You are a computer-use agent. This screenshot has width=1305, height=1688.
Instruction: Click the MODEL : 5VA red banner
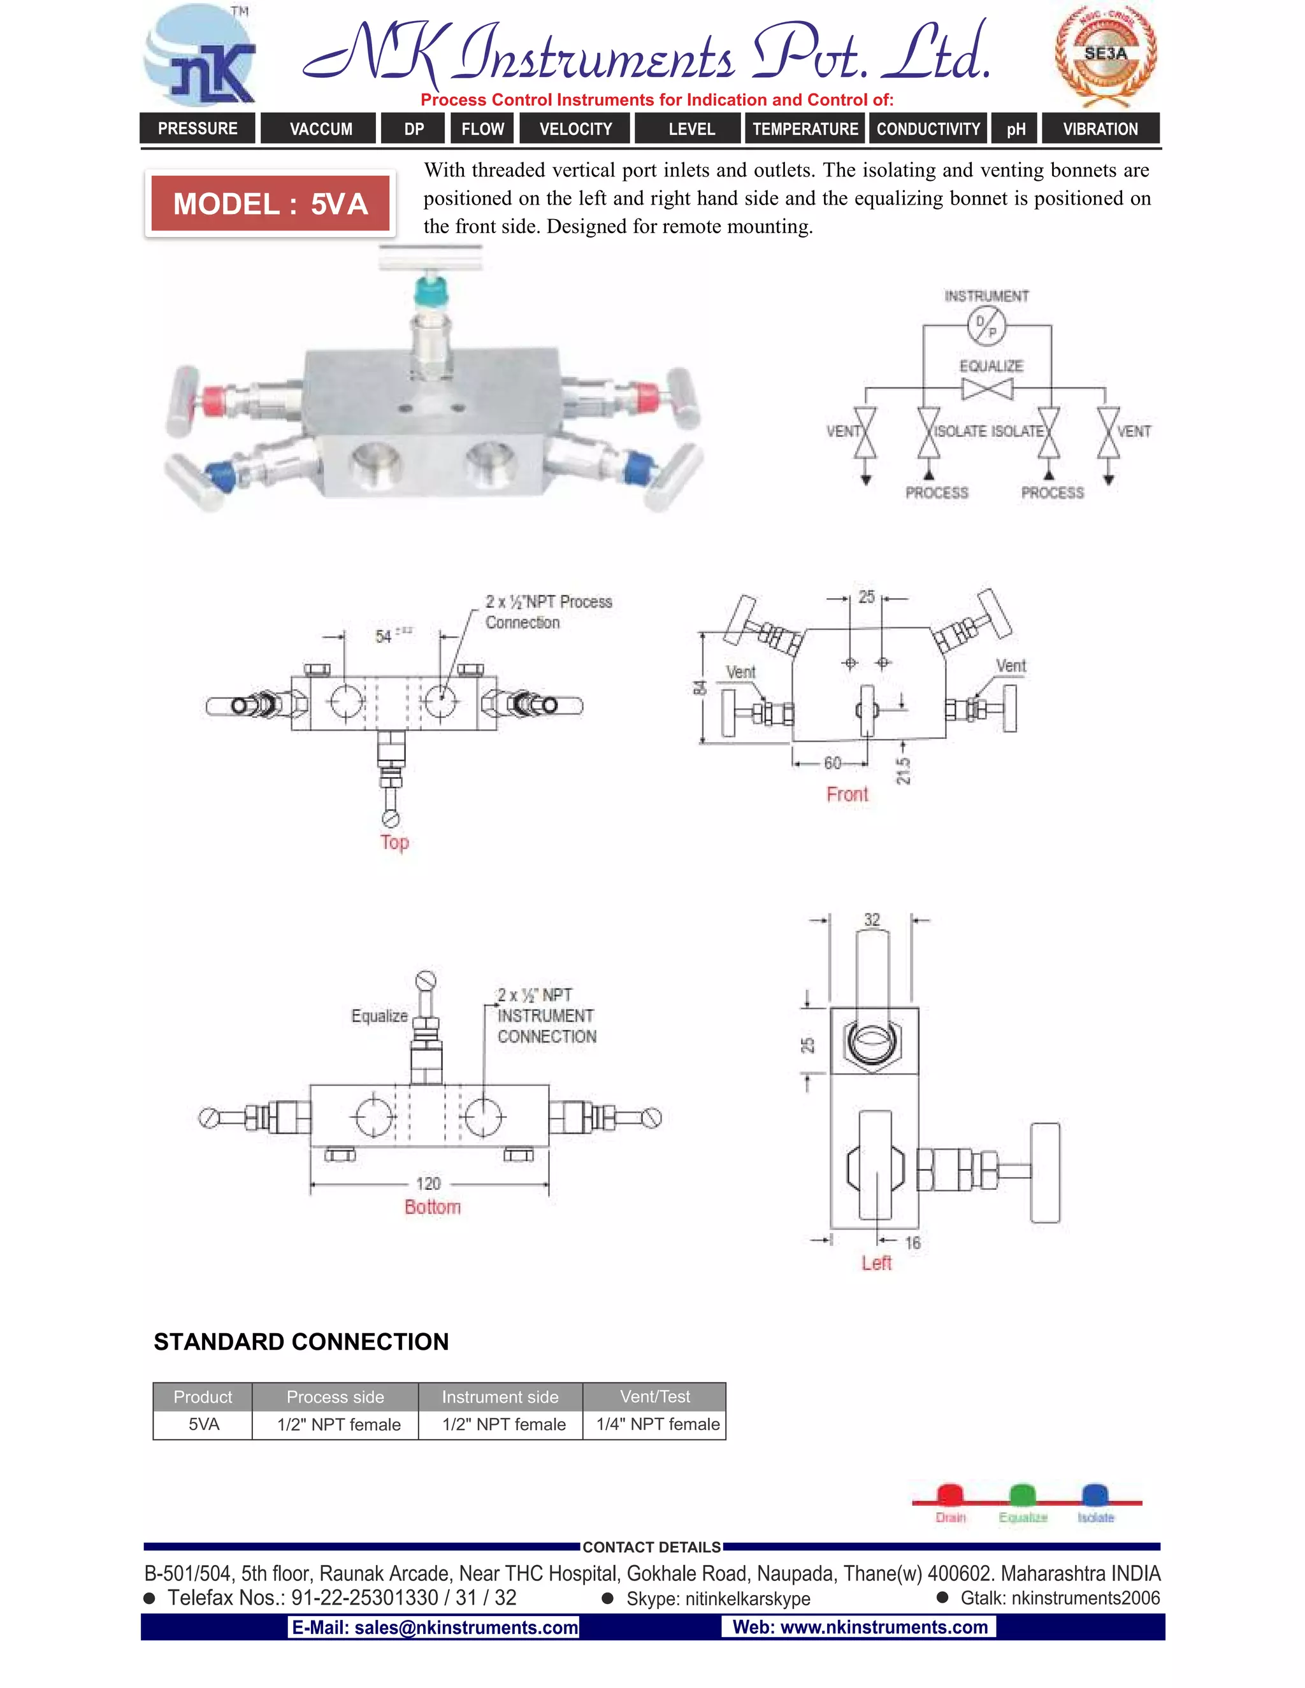click(x=270, y=204)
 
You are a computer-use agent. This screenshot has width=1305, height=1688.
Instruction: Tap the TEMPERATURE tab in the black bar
click(x=805, y=129)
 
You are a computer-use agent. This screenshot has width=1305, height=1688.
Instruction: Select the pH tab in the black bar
click(x=1015, y=129)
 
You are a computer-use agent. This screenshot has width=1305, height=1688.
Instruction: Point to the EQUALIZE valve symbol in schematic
click(x=987, y=389)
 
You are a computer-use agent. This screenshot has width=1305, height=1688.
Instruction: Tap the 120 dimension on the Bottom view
click(x=428, y=1184)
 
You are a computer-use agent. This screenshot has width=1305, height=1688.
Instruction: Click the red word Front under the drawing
click(x=847, y=794)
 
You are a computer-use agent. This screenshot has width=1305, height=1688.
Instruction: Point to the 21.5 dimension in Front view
click(x=903, y=771)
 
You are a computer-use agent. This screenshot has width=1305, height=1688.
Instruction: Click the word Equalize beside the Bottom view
click(x=379, y=1015)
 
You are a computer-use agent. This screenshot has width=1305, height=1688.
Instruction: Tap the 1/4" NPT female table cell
click(x=657, y=1424)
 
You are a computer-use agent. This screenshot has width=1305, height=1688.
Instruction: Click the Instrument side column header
click(x=500, y=1397)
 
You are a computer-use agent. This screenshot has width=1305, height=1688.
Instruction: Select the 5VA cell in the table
click(x=203, y=1424)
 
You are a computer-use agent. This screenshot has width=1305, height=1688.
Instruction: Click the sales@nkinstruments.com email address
click(x=435, y=1627)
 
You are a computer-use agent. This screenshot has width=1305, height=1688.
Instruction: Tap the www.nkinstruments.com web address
click(x=860, y=1627)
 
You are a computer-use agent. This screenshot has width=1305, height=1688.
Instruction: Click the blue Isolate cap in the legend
click(x=1095, y=1495)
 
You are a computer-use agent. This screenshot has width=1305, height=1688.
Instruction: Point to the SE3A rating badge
click(x=1106, y=54)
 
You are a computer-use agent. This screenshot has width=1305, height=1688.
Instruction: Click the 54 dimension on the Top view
click(x=384, y=636)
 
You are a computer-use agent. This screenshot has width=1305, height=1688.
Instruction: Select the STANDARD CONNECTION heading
click(x=301, y=1341)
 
